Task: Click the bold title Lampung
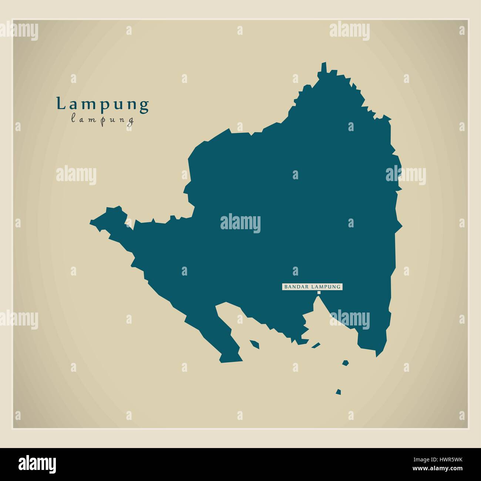click(x=102, y=104)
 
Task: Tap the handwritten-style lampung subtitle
click(x=102, y=120)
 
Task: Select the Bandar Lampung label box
click(x=312, y=287)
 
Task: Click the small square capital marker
click(x=319, y=293)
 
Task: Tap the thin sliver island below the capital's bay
click(x=316, y=345)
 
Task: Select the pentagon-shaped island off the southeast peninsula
click(x=345, y=363)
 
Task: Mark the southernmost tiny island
click(x=338, y=391)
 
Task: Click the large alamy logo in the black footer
click(x=37, y=463)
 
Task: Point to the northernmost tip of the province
click(x=324, y=64)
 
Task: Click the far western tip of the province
click(x=91, y=223)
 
